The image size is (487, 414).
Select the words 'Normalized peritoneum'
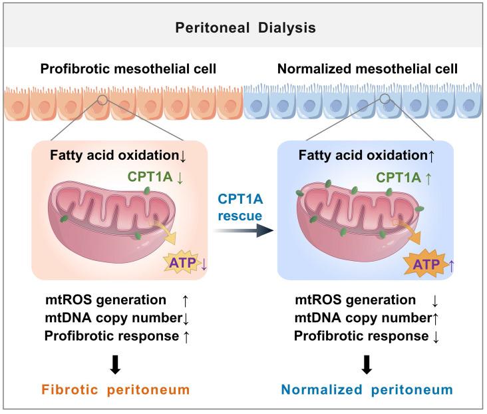pyautogui.click(x=367, y=389)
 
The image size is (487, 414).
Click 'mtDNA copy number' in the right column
pyautogui.click(x=353, y=318)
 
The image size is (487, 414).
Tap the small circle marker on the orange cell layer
pyautogui.click(x=102, y=99)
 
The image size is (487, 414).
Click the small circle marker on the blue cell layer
pyautogui.click(x=385, y=99)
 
